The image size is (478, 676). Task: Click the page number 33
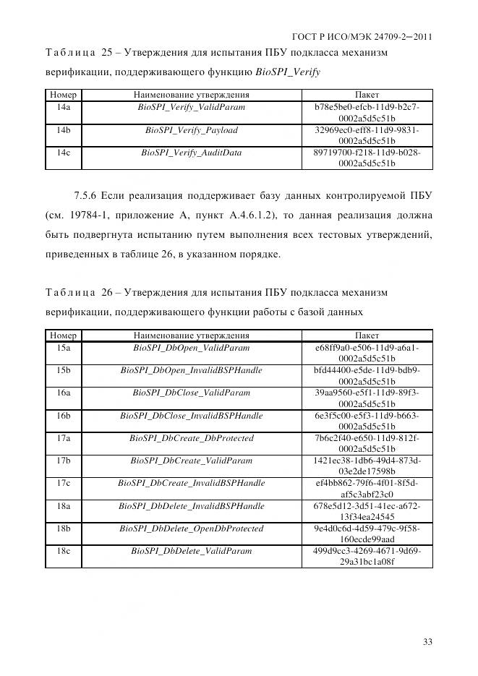[x=427, y=641]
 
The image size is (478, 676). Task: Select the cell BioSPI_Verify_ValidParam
[x=192, y=107]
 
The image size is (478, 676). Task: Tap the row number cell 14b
[x=64, y=130]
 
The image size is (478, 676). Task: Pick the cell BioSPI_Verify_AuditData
[x=192, y=153]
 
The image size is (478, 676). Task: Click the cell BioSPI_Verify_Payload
[x=192, y=130]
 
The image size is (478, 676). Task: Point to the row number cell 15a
[x=64, y=348]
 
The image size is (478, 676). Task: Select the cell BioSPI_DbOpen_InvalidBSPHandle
[x=192, y=370]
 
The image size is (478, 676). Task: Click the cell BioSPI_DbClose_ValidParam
[x=192, y=393]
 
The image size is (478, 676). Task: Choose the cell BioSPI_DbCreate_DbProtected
[x=192, y=438]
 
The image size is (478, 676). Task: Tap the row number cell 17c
[x=64, y=483]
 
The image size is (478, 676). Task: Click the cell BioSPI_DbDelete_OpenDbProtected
[x=192, y=529]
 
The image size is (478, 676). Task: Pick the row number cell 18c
[x=64, y=551]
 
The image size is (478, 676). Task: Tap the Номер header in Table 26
[x=64, y=335]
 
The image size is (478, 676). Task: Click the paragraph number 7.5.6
[x=86, y=195]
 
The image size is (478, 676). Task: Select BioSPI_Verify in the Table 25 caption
[x=288, y=72]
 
